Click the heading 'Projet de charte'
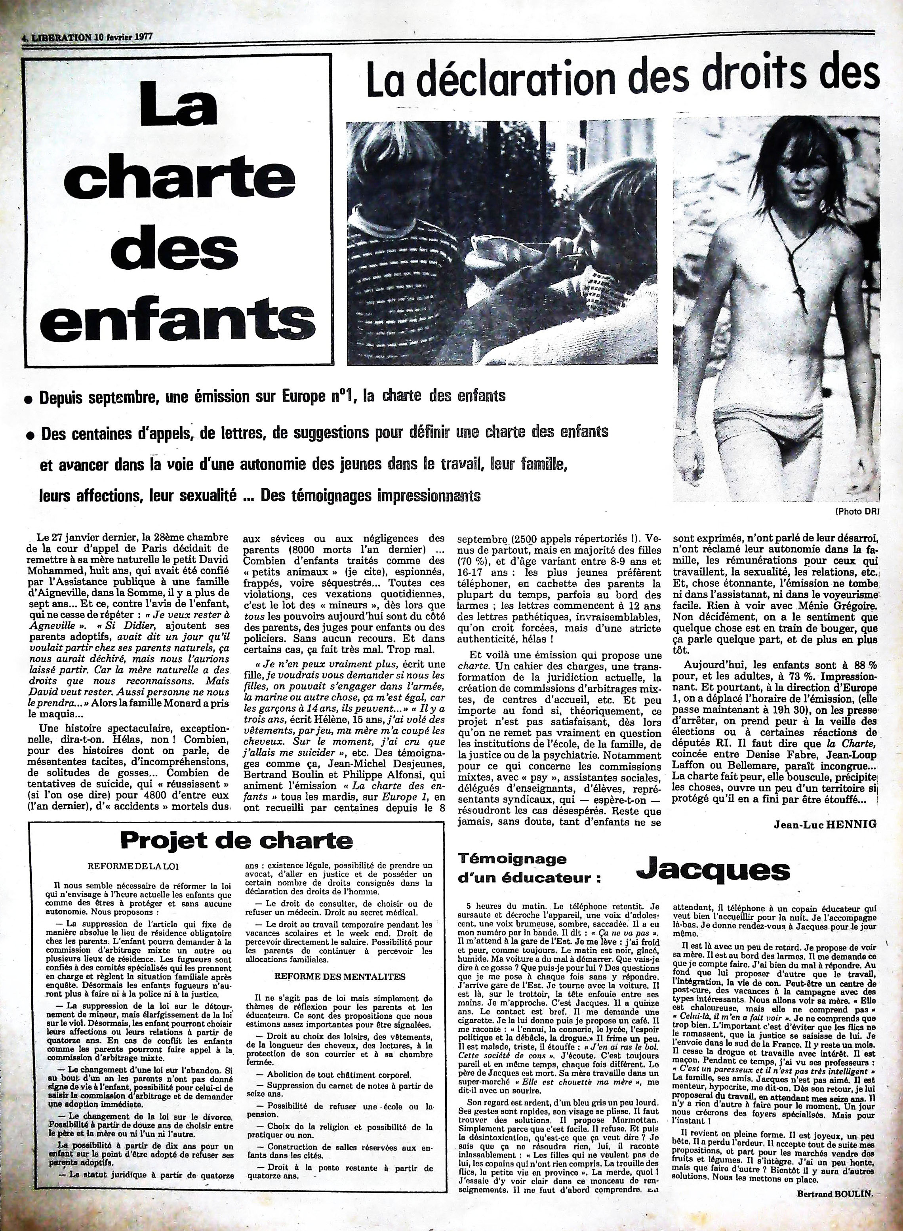click(236, 854)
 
